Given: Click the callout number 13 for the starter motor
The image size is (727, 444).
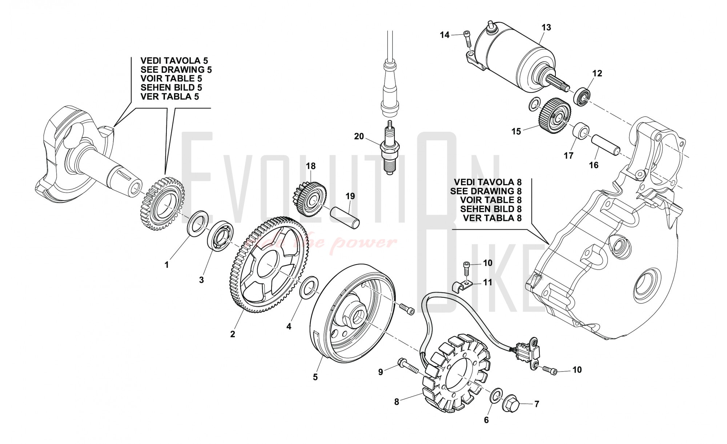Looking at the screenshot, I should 546,27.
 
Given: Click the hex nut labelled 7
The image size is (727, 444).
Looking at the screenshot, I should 511,403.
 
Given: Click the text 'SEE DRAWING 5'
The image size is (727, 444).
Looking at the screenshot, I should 176,70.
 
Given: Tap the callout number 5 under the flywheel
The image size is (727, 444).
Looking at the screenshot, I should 315,377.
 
